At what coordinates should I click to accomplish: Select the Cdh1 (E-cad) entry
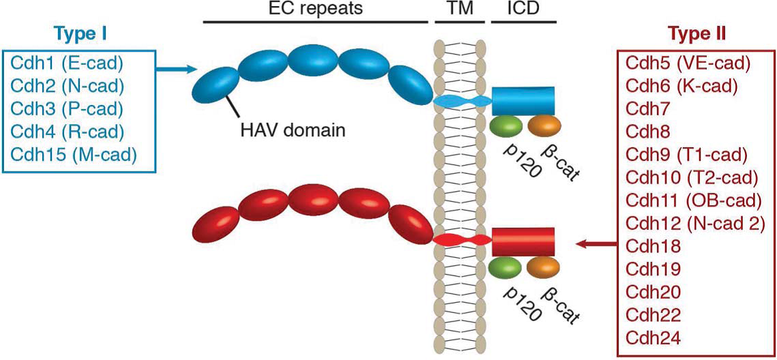(67, 63)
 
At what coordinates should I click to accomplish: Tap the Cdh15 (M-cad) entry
(74, 154)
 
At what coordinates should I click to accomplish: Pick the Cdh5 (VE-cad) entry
(687, 63)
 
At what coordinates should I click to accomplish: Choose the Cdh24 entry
(654, 337)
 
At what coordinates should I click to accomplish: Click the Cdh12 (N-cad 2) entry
(695, 223)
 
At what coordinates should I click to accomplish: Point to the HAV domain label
(292, 129)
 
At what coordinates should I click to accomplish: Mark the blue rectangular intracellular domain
(523, 101)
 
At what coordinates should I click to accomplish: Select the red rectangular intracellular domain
(523, 242)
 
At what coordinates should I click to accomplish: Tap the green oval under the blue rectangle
(506, 126)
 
